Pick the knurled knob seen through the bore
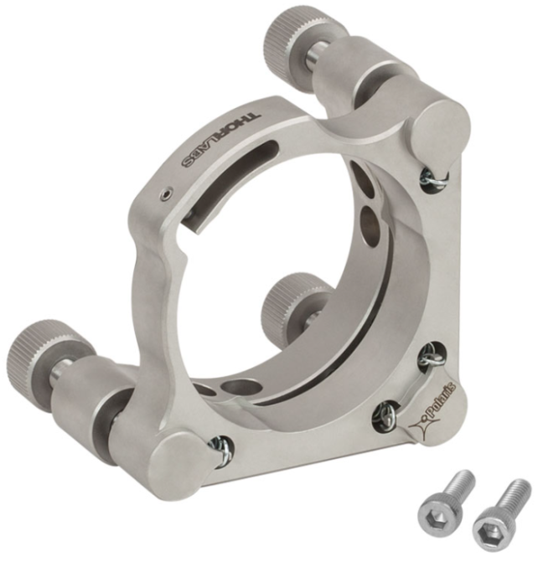(285, 297)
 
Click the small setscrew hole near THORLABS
(167, 195)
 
